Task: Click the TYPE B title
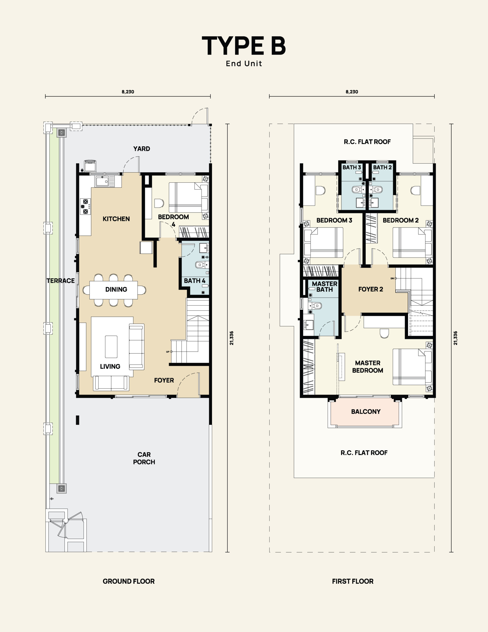(244, 46)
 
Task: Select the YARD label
(142, 149)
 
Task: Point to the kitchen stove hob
(85, 206)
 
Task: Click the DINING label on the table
(116, 289)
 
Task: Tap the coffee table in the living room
(111, 347)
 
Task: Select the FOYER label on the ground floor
(164, 380)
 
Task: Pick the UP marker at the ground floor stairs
(169, 352)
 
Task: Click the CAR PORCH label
(144, 458)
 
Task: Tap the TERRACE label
(61, 281)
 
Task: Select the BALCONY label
(366, 412)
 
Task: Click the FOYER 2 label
(371, 289)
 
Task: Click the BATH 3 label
(352, 167)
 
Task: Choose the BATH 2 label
(382, 167)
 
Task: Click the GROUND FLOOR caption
(129, 581)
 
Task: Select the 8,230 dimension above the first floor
(352, 92)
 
